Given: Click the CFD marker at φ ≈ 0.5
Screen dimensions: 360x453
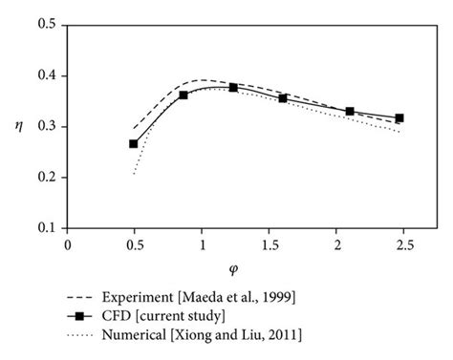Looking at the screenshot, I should tap(134, 144).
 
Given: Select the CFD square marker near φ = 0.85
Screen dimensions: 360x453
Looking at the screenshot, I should tap(183, 95).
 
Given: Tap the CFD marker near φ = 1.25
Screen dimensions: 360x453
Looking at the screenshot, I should tap(233, 87).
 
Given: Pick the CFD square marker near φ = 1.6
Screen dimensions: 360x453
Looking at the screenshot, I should tap(283, 98).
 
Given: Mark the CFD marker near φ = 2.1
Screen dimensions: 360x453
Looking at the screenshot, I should tap(350, 112).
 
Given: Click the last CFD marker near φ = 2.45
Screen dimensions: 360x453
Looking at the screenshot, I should tap(399, 118).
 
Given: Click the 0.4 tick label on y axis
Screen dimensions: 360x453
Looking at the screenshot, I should tap(46, 75).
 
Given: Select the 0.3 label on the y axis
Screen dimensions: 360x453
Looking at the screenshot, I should tap(46, 127).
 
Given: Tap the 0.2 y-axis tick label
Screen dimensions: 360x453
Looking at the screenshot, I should tap(46, 178).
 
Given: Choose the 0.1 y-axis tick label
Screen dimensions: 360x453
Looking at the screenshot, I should tap(46, 229).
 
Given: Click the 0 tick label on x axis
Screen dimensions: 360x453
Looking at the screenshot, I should tap(67, 244).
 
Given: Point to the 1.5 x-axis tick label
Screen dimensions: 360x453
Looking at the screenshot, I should tap(270, 244).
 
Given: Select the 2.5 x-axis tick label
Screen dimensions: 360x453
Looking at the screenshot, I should tap(404, 244).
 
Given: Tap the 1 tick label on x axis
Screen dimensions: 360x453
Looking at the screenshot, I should tap(202, 244).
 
